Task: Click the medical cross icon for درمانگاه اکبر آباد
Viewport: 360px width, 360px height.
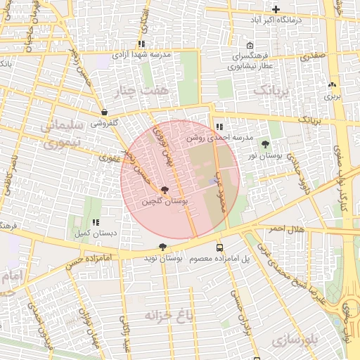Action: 276,9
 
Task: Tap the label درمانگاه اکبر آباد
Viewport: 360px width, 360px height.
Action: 276,20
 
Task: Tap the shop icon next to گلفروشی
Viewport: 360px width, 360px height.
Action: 104,112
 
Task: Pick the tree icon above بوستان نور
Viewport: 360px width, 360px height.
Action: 265,143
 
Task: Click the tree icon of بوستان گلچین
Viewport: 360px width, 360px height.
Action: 165,190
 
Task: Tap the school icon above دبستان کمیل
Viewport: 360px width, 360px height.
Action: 96,222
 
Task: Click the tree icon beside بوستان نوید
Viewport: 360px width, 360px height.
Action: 163,247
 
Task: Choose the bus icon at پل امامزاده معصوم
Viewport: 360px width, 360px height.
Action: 220,247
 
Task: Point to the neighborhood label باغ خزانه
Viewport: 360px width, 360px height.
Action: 168,314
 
